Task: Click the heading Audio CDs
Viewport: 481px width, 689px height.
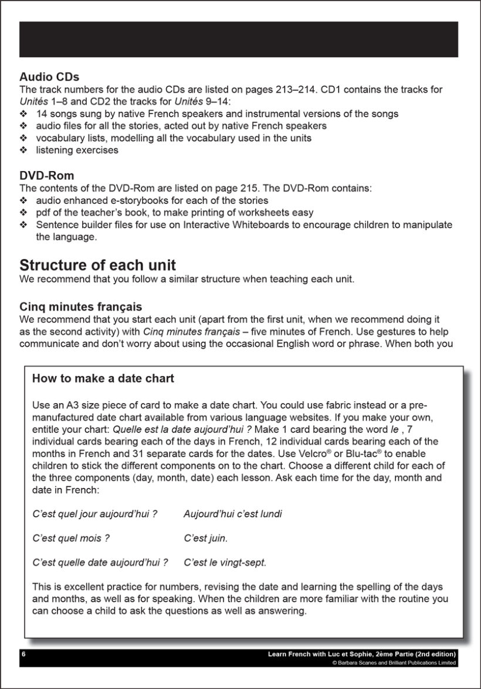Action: point(49,77)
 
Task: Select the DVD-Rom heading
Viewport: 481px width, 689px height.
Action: point(47,176)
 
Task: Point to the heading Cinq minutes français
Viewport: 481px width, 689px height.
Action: point(80,307)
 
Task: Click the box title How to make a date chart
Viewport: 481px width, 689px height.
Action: point(103,378)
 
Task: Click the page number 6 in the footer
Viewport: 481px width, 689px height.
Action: point(24,654)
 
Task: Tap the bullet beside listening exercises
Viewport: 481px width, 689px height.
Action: point(23,151)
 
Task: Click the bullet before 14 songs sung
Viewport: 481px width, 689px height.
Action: point(23,114)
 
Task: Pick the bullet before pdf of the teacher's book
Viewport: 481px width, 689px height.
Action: point(23,213)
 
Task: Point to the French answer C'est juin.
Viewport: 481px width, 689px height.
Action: point(205,538)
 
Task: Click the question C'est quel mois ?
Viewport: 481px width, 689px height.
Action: point(71,538)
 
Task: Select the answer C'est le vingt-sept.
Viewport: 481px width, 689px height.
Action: point(225,562)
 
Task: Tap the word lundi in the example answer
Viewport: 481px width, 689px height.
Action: point(270,514)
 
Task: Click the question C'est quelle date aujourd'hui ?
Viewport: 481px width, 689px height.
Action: point(100,562)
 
